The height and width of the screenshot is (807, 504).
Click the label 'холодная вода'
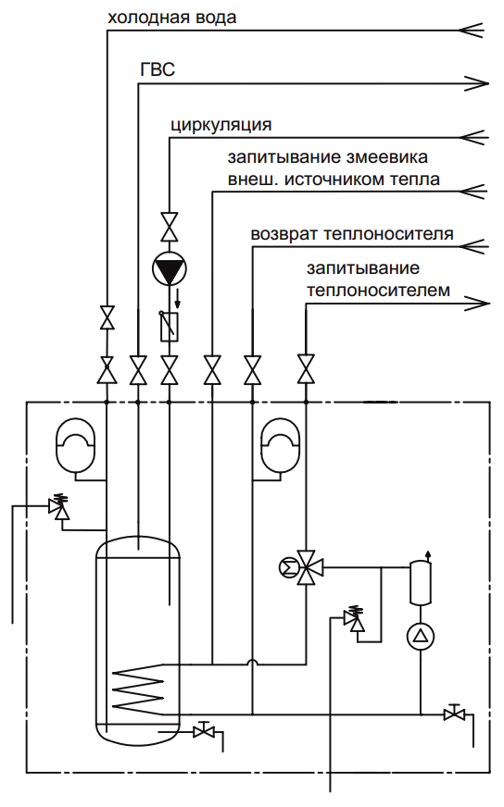coord(171,19)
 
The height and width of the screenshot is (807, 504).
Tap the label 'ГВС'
coord(157,69)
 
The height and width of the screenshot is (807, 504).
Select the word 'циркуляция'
coord(221,126)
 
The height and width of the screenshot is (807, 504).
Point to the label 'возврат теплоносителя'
coord(352,234)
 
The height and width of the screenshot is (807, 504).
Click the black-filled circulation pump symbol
coord(169,268)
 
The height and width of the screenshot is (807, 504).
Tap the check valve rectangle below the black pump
coord(170,327)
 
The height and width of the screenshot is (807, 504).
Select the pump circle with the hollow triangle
coord(421,636)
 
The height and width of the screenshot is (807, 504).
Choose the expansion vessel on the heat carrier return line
coord(281,446)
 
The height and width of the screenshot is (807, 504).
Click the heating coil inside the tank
coord(138,689)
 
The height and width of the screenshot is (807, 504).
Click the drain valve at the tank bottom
coord(204,730)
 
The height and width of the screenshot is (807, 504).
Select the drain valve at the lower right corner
coord(454,714)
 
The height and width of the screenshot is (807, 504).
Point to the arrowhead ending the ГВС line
coord(476,83)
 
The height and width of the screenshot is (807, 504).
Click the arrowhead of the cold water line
coord(471,30)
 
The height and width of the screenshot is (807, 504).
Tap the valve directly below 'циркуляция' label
coord(170,227)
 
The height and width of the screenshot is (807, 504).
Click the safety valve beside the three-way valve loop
coord(354,618)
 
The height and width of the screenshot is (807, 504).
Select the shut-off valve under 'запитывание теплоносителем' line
coord(306,369)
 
